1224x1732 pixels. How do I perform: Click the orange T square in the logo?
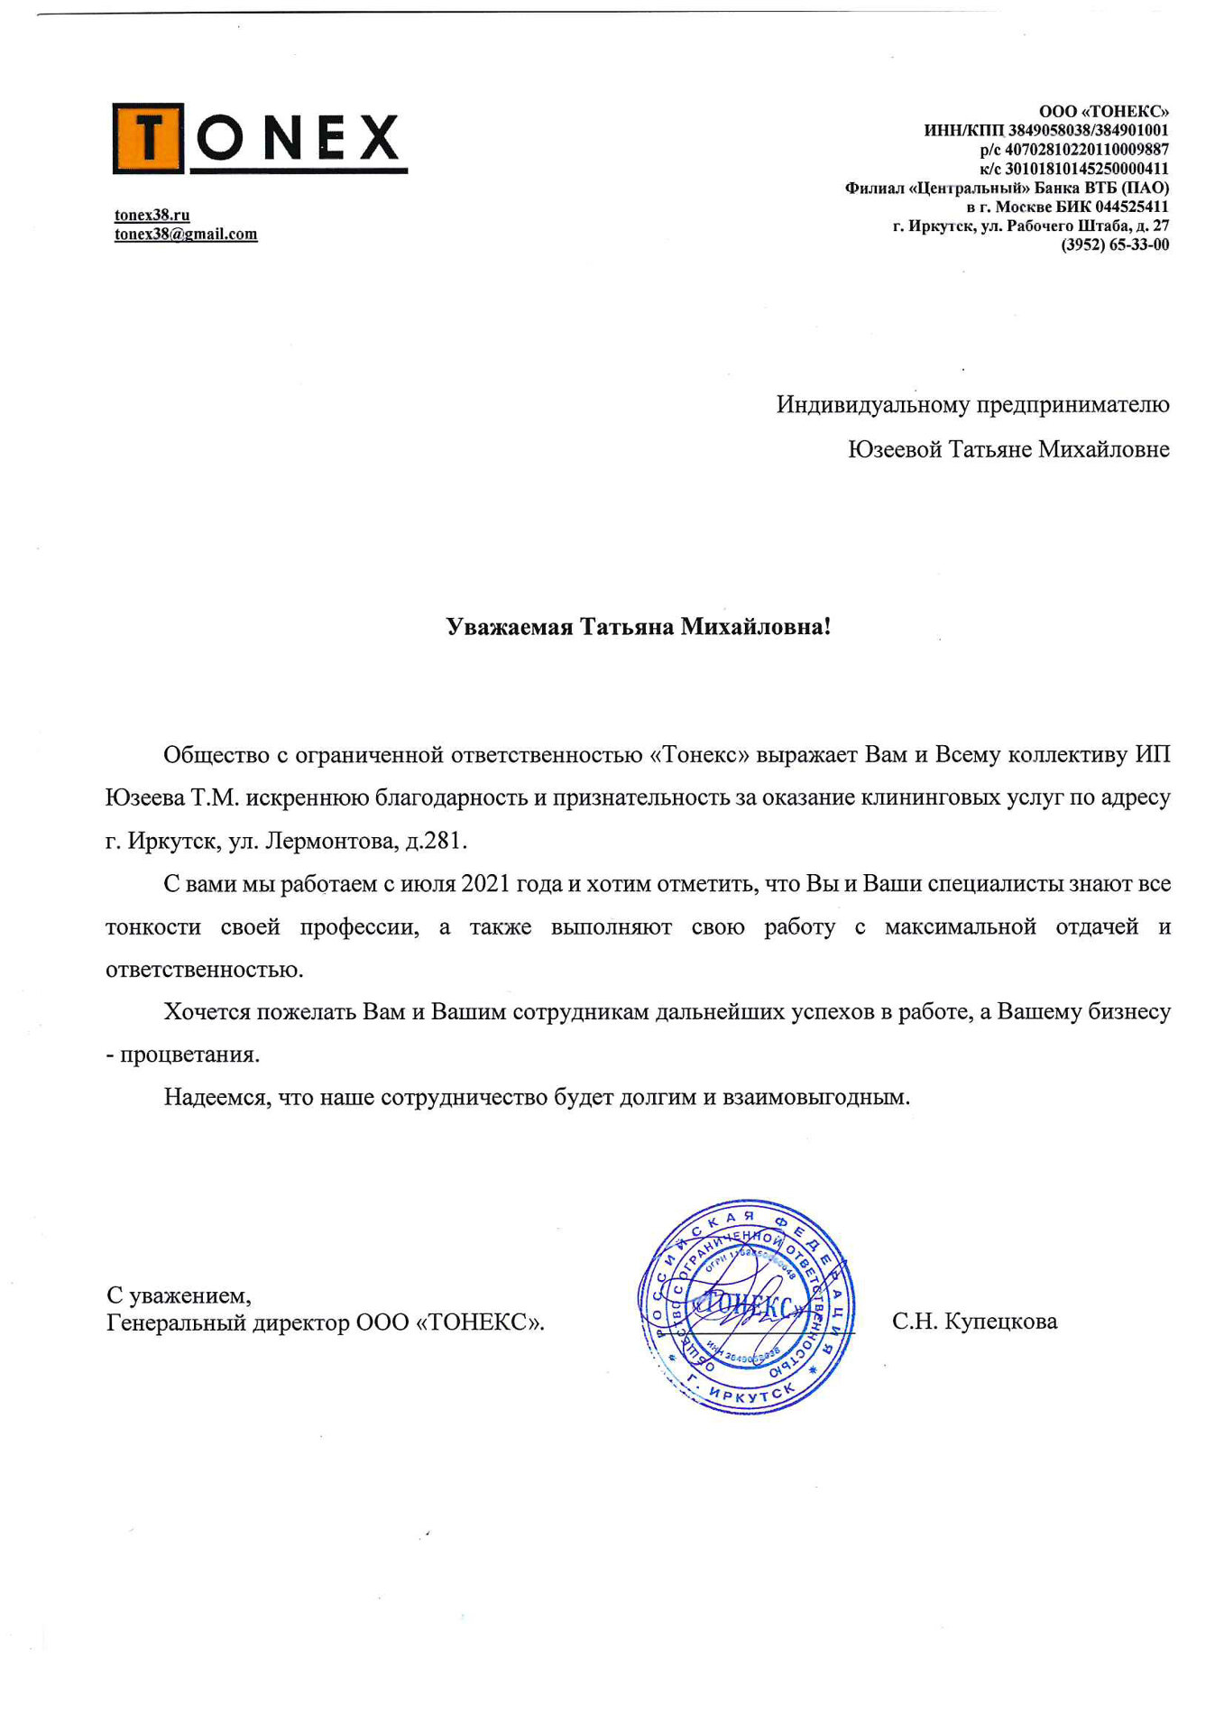pos(148,138)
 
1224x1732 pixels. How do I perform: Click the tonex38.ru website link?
pos(152,215)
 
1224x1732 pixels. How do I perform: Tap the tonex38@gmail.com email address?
pos(186,235)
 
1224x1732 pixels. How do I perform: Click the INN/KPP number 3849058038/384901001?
pos(1088,131)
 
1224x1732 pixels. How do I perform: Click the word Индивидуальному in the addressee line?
pos(872,405)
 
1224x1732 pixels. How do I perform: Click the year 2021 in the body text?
pos(487,884)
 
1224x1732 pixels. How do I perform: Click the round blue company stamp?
pos(746,1306)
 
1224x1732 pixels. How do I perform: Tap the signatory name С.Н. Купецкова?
pos(974,1322)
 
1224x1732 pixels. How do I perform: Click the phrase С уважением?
pos(179,1296)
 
